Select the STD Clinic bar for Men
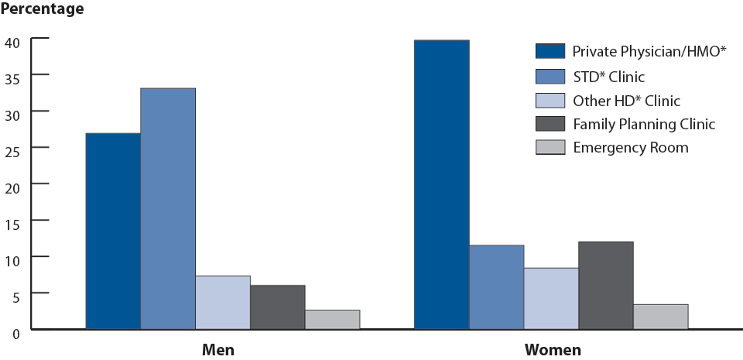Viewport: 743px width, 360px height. pos(168,208)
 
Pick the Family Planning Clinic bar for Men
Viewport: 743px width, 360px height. pos(278,307)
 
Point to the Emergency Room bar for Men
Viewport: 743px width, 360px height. pos(333,319)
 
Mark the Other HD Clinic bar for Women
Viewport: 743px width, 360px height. pos(551,298)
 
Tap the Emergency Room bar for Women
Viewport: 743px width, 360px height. pos(661,316)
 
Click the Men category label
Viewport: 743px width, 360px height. pos(217,350)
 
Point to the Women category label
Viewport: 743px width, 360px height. pos(553,350)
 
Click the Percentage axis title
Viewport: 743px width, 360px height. pos(43,10)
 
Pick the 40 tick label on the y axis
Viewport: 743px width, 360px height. pos(13,39)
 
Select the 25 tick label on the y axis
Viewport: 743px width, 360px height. pos(13,148)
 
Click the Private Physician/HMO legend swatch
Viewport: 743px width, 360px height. pos(549,52)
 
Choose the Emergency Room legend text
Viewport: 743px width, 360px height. pos(631,147)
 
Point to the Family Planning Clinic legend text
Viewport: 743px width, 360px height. pos(644,124)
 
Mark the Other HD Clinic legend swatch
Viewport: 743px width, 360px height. pos(549,100)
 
